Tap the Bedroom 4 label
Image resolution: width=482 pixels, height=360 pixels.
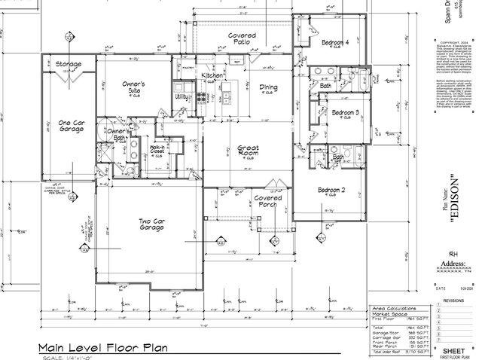[335, 44]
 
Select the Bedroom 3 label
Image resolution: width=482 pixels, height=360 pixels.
[346, 113]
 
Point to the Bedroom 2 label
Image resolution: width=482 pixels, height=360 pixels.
[331, 191]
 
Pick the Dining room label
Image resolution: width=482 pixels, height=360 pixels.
[269, 87]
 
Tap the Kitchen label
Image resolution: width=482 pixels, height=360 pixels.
[209, 77]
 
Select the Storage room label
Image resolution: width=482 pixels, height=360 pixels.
[68, 65]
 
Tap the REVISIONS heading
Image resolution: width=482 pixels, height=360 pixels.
[453, 300]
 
